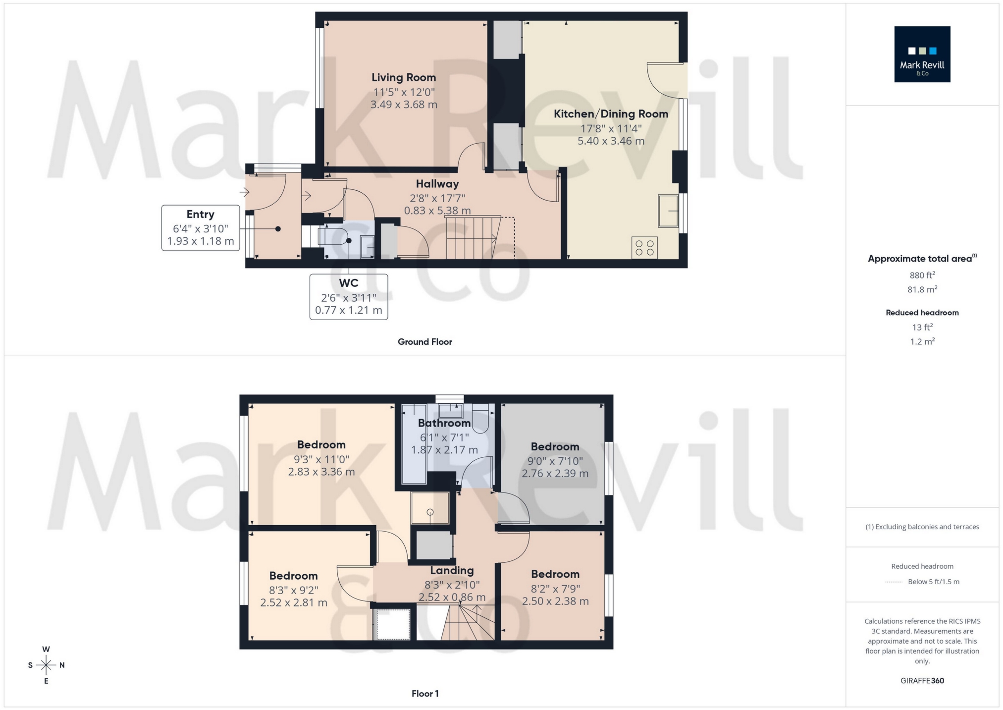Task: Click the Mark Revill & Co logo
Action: click(922, 54)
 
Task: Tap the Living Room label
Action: click(403, 77)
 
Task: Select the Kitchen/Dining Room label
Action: click(610, 114)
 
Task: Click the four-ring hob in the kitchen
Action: click(644, 248)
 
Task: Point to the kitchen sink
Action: click(668, 211)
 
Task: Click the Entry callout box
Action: click(200, 228)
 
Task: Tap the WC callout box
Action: click(348, 296)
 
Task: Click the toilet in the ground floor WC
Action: click(337, 236)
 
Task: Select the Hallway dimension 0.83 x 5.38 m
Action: click(437, 211)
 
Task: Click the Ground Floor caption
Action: click(424, 342)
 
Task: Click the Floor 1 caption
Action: click(424, 694)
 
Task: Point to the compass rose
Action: click(46, 665)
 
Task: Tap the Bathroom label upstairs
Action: click(444, 423)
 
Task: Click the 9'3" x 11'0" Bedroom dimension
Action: click(321, 459)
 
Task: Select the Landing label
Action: click(451, 571)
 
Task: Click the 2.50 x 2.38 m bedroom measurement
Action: click(555, 601)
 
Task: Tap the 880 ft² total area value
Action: click(922, 275)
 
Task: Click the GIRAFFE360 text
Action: click(922, 681)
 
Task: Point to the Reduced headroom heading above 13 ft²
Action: click(922, 313)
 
